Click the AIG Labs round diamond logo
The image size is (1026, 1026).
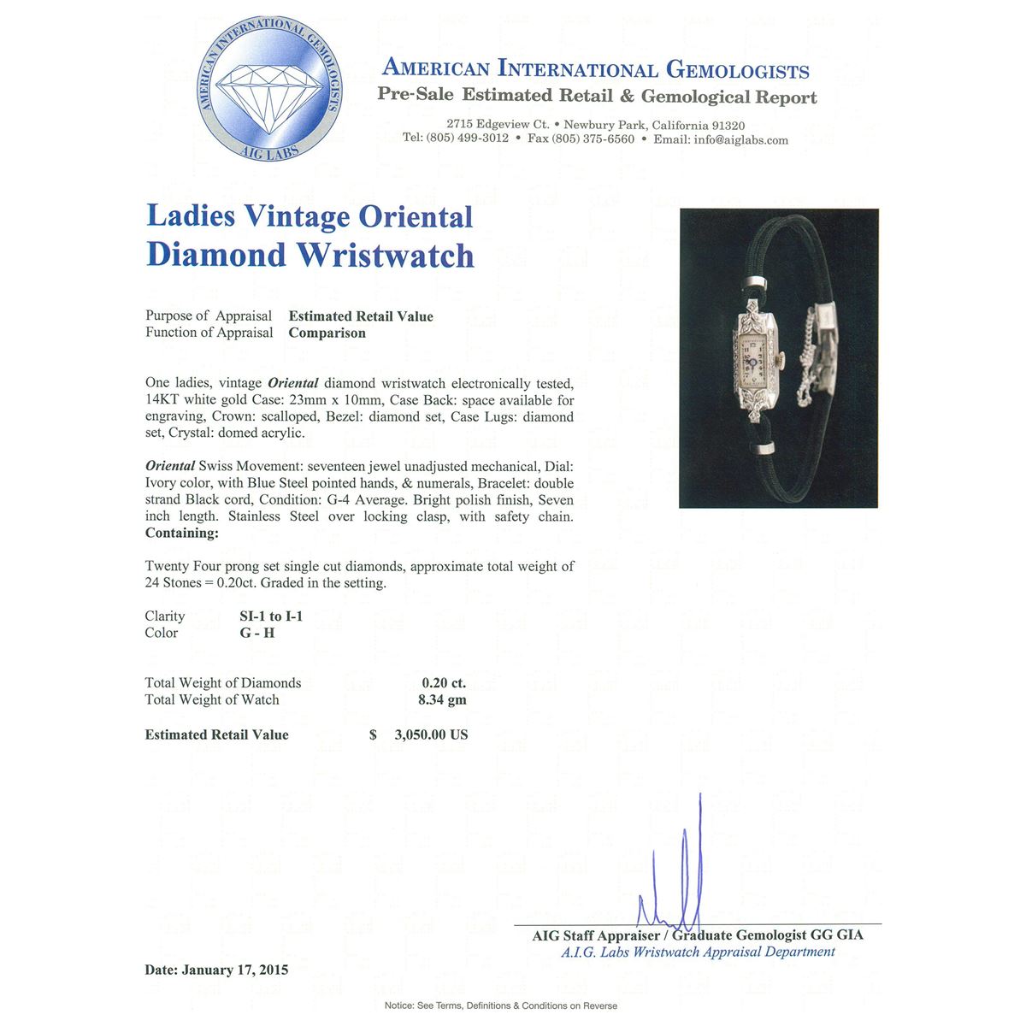point(270,88)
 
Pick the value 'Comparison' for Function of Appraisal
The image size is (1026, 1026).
point(327,333)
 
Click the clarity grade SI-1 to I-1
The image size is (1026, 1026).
point(271,616)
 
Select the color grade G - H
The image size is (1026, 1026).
point(256,634)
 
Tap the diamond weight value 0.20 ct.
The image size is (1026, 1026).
point(444,683)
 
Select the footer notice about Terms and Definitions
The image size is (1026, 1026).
point(500,1005)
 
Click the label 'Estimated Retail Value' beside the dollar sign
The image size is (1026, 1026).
point(216,735)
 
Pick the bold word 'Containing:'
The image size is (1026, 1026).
point(181,534)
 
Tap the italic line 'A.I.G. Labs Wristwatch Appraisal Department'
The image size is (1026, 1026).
point(698,952)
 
